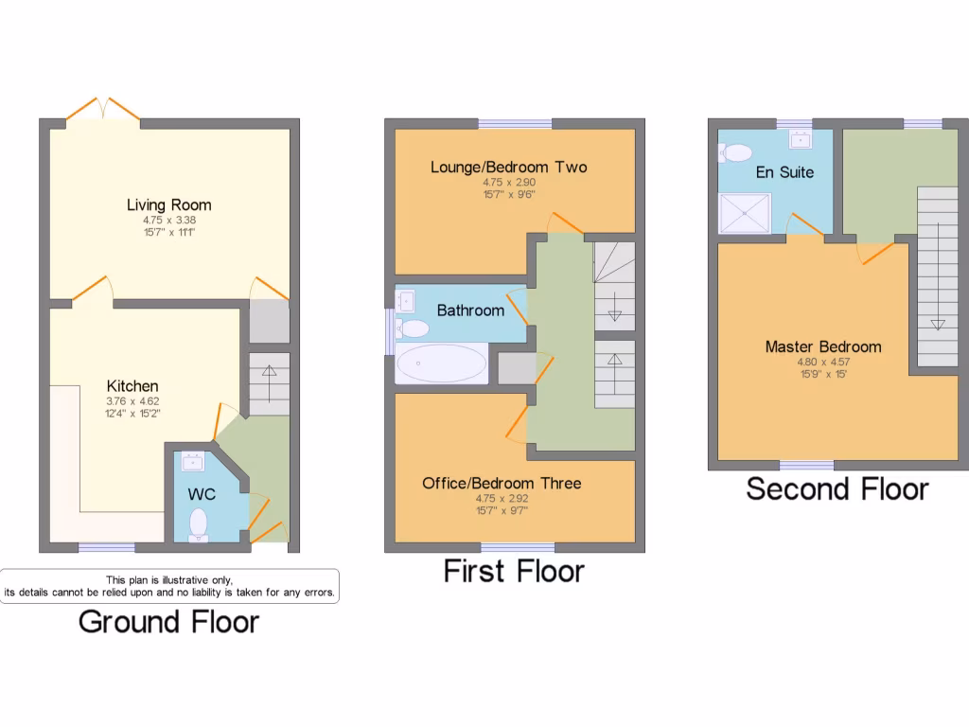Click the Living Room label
point(169,204)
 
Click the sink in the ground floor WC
point(193,461)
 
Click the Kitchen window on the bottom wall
point(106,547)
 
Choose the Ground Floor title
point(168,622)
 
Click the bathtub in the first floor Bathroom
point(441,363)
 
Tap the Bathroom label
point(470,310)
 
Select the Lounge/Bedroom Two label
point(508,168)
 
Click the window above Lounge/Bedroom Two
point(516,123)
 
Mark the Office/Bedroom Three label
point(502,484)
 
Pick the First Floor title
point(514,572)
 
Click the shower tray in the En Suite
point(746,213)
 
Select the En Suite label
point(784,172)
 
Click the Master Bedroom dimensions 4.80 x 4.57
point(822,361)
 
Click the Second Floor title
point(837,489)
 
